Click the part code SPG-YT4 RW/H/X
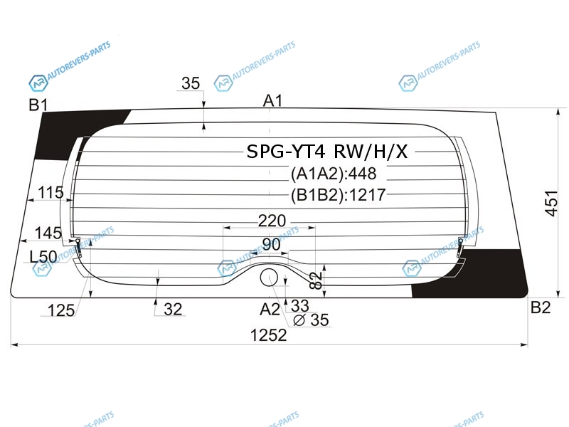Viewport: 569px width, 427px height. [327, 152]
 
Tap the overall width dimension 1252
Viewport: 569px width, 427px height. [269, 335]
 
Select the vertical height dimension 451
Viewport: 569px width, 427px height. [551, 203]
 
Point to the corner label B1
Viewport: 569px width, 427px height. [38, 105]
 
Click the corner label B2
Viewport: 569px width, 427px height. [541, 307]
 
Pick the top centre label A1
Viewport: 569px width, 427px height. [272, 100]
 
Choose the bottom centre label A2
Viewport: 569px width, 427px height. [270, 310]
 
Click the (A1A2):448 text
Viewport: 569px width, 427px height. [334, 174]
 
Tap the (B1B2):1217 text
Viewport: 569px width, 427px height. [339, 195]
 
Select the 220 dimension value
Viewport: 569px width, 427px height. [272, 221]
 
